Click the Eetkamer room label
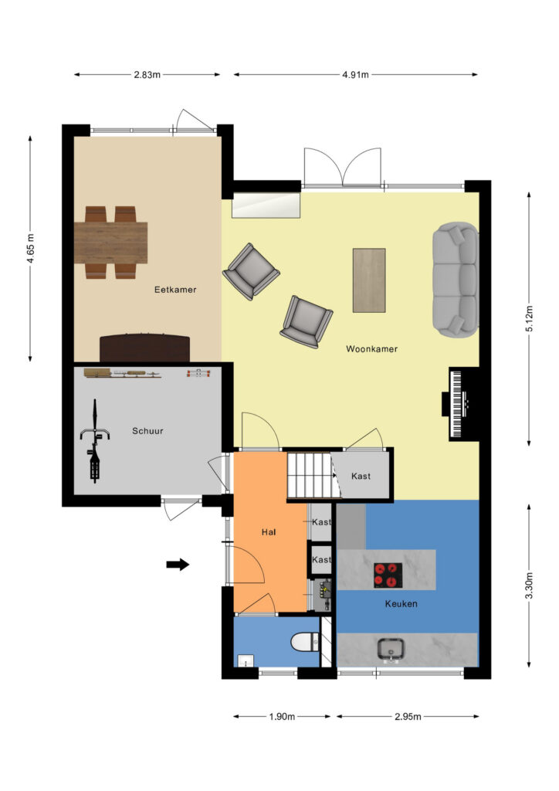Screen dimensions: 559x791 (175, 290)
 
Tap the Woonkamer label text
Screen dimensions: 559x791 (371, 348)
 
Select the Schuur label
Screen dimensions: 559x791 (147, 431)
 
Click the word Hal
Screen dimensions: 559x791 (269, 531)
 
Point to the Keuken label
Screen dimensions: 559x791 (401, 603)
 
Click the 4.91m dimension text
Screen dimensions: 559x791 (355, 75)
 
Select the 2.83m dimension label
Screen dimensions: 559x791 (147, 75)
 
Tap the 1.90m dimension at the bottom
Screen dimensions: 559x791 (282, 716)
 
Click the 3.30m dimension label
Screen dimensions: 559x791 (529, 586)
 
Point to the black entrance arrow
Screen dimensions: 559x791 (178, 565)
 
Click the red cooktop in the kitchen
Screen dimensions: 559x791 (388, 575)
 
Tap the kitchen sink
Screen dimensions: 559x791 (391, 650)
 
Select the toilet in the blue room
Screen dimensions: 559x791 (306, 642)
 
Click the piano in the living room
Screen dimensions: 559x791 (459, 403)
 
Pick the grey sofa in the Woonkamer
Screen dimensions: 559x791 (456, 280)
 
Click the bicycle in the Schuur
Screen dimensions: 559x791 (94, 440)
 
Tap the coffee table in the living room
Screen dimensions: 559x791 (369, 280)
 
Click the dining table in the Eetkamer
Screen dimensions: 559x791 (111, 243)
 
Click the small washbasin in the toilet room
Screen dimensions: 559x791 (246, 661)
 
